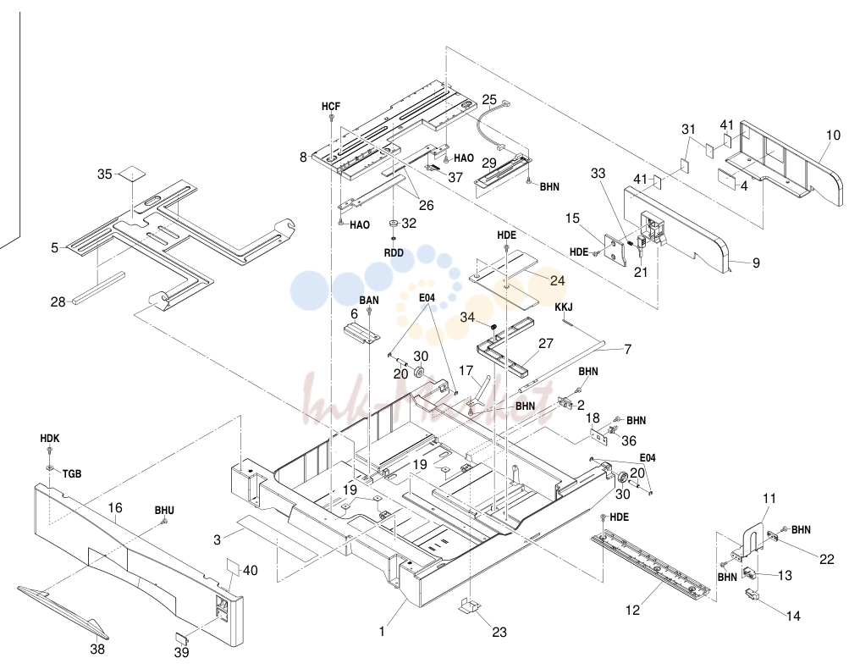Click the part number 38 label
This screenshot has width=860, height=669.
click(97, 650)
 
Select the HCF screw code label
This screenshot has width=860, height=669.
click(331, 107)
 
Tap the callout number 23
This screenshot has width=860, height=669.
click(499, 633)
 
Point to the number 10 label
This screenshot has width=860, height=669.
click(833, 135)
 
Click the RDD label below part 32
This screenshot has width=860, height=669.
click(394, 253)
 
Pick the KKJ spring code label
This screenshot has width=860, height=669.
click(564, 307)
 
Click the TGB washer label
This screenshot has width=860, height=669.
click(72, 473)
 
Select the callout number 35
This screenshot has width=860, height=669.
click(105, 174)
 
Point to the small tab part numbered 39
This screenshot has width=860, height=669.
click(181, 637)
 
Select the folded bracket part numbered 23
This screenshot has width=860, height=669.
click(469, 606)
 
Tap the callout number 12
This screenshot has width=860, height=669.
click(632, 610)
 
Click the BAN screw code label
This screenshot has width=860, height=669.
click(369, 300)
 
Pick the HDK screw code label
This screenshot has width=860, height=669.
click(50, 439)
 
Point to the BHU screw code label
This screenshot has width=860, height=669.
click(164, 511)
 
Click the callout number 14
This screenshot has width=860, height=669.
click(793, 616)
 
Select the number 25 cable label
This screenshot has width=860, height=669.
click(489, 100)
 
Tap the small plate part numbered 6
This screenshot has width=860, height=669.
click(362, 334)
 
